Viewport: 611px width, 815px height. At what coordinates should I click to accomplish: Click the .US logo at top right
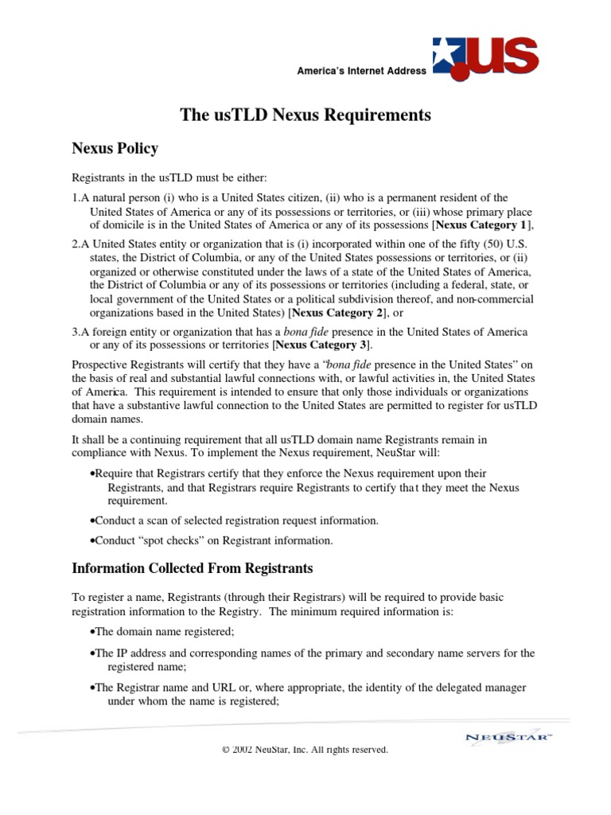(485, 57)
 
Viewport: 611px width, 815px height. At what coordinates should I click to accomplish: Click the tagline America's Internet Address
(361, 71)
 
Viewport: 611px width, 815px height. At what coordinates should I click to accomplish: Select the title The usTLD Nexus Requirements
(305, 115)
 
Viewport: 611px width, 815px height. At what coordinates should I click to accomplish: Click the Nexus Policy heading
(115, 149)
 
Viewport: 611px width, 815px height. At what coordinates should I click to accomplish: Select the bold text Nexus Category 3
(321, 345)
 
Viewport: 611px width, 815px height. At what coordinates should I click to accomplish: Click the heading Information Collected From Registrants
(192, 568)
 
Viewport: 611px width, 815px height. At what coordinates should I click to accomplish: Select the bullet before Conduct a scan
(92, 521)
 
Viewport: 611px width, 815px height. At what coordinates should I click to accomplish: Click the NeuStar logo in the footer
(508, 736)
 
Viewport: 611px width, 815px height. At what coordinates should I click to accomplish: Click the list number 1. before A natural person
(76, 197)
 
